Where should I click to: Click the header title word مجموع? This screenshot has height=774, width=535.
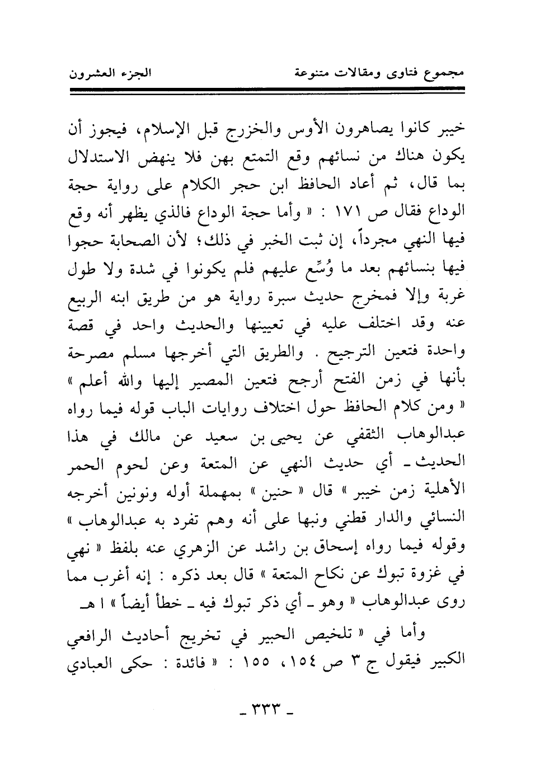tap(448, 73)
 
